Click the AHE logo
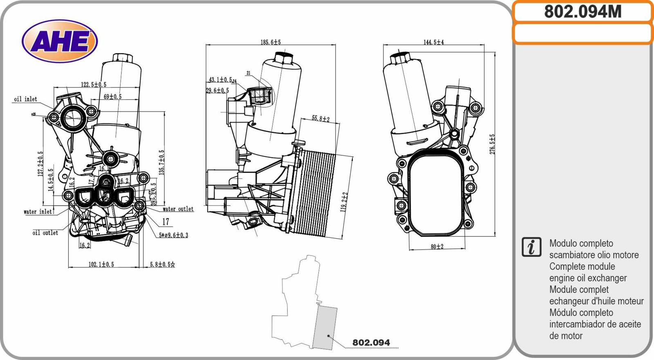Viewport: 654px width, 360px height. pyautogui.click(x=60, y=41)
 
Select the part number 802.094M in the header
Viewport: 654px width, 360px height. pyautogui.click(x=582, y=12)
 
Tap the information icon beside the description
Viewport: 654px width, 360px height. pyautogui.click(x=531, y=247)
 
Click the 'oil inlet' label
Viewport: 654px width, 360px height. pyautogui.click(x=25, y=99)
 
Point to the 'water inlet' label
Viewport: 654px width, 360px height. pyautogui.click(x=38, y=212)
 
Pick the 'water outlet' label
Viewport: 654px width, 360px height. pyautogui.click(x=178, y=209)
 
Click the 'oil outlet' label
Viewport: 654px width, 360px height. pyautogui.click(x=45, y=233)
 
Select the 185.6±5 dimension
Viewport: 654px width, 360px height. pyautogui.click(x=271, y=42)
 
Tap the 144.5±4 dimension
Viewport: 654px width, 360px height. pyautogui.click(x=433, y=42)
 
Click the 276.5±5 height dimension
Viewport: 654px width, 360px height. pyautogui.click(x=492, y=144)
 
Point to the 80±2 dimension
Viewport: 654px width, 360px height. pyautogui.click(x=437, y=246)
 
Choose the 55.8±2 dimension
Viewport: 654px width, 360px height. pyautogui.click(x=320, y=119)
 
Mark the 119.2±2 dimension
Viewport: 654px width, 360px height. pyautogui.click(x=344, y=202)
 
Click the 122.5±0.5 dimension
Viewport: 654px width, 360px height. pyautogui.click(x=93, y=85)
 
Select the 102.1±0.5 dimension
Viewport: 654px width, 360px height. pyautogui.click(x=101, y=264)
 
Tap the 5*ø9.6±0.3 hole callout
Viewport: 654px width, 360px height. pyautogui.click(x=173, y=235)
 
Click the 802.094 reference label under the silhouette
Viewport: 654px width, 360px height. pyautogui.click(x=371, y=342)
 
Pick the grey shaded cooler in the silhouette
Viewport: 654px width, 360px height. pyautogui.click(x=325, y=327)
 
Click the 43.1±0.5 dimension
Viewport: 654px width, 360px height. pyautogui.click(x=220, y=80)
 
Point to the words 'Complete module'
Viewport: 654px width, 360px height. pyautogui.click(x=582, y=266)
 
